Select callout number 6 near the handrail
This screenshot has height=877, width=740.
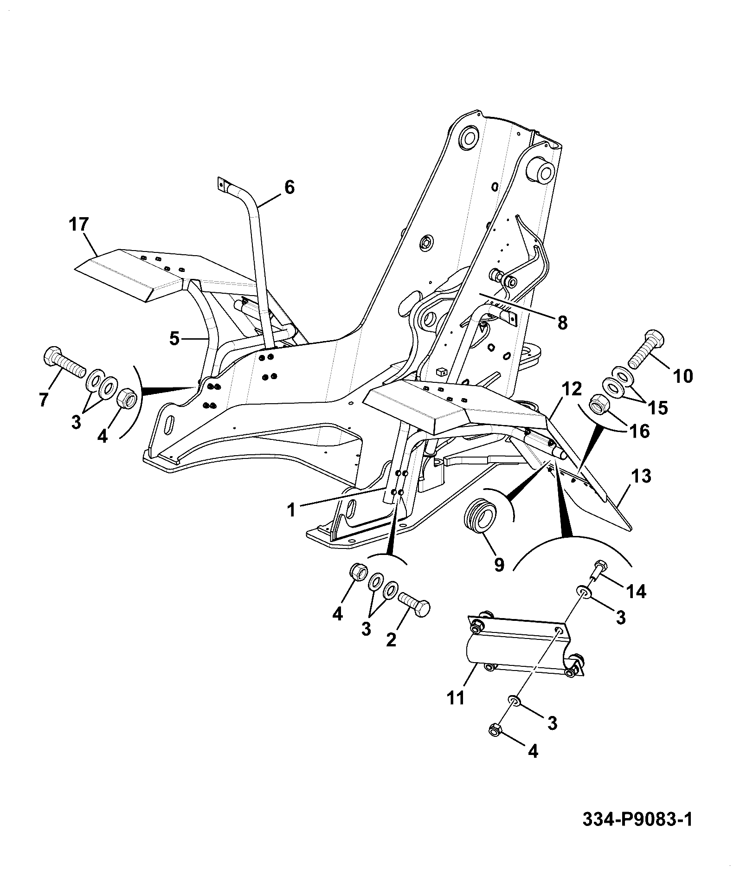coord(289,187)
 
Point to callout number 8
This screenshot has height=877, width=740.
coord(562,323)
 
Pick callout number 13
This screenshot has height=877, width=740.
coord(642,476)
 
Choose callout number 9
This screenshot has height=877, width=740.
coord(499,565)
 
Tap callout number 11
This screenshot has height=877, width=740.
coord(456,711)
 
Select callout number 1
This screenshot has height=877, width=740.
coord(291,510)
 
